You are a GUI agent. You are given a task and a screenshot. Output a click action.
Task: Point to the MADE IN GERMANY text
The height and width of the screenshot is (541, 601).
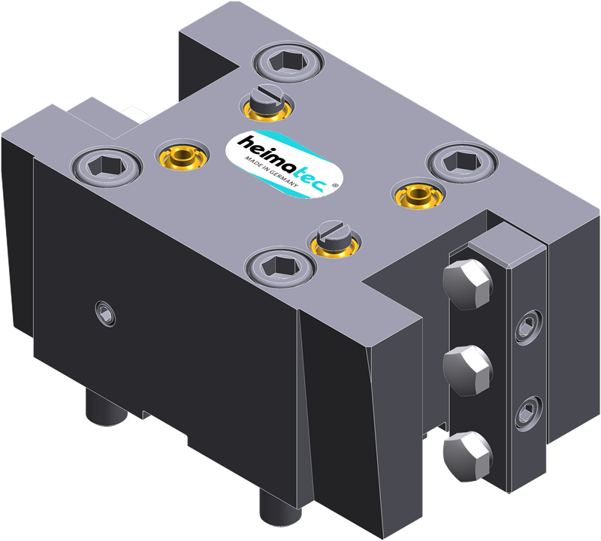[271, 171]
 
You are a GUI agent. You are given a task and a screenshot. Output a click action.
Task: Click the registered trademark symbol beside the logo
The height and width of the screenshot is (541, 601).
[335, 185]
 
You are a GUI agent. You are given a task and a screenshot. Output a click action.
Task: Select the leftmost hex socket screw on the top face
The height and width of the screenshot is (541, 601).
[106, 166]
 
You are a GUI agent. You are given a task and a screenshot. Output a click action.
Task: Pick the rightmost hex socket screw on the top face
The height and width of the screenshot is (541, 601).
[463, 162]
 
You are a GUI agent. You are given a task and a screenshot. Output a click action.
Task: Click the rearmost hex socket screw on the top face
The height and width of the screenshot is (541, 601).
[288, 62]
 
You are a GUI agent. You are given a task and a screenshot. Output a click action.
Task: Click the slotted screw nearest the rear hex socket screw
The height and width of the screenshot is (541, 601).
[267, 101]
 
